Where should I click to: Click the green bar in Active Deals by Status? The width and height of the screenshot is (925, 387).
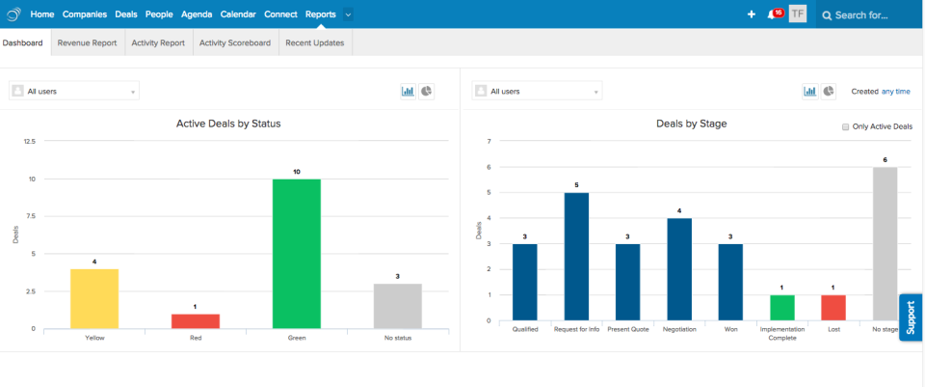click(296, 253)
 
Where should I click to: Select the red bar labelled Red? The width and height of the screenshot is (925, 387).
click(196, 320)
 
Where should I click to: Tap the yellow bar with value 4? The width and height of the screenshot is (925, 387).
click(94, 298)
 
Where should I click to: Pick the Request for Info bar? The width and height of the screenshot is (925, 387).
click(576, 256)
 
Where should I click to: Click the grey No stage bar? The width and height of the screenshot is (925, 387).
click(885, 243)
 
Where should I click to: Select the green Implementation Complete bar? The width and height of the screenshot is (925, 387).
click(782, 307)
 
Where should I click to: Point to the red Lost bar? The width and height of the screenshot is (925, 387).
click(833, 307)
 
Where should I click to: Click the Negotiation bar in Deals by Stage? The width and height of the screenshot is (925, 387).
click(679, 268)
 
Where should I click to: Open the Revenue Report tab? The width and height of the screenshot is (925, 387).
click(87, 42)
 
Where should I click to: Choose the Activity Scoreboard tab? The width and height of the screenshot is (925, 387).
click(234, 42)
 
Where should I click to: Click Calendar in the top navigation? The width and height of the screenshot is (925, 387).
click(238, 14)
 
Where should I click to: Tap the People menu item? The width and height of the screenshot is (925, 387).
click(159, 14)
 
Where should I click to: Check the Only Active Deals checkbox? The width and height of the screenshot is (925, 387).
click(845, 126)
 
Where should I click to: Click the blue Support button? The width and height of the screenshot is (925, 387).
click(911, 318)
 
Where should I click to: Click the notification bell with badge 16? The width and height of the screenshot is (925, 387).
click(772, 14)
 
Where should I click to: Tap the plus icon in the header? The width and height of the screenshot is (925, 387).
click(752, 14)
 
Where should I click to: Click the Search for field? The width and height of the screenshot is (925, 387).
click(867, 14)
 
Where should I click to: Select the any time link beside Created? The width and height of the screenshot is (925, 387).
click(895, 92)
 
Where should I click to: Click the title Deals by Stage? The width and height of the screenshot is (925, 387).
click(691, 124)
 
